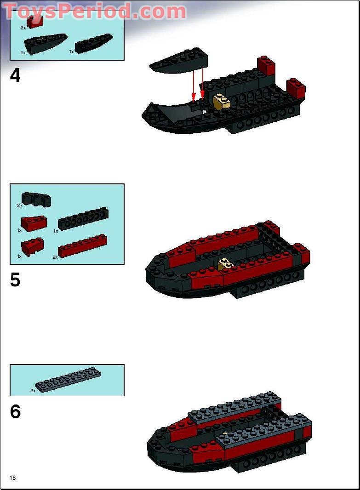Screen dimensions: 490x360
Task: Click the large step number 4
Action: pyautogui.click(x=15, y=75)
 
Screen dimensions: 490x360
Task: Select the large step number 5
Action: pyautogui.click(x=15, y=280)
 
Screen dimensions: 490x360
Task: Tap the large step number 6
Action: pyautogui.click(x=15, y=411)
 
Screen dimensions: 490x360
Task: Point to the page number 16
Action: pyautogui.click(x=12, y=478)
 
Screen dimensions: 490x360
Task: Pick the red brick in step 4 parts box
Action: pyautogui.click(x=35, y=21)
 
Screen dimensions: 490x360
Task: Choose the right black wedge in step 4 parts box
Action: pyautogui.click(x=94, y=44)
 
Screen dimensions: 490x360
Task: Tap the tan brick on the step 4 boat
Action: pyautogui.click(x=222, y=102)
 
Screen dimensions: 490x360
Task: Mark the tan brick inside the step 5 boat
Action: pyautogui.click(x=225, y=264)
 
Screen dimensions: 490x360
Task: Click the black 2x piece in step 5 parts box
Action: pyautogui.click(x=36, y=199)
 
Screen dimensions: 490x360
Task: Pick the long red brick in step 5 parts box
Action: pyautogui.click(x=83, y=245)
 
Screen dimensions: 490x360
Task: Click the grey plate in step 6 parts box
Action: pyautogui.click(x=69, y=380)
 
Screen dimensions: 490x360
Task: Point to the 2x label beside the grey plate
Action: pyautogui.click(x=33, y=390)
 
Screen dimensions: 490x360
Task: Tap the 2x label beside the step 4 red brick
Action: pyautogui.click(x=23, y=28)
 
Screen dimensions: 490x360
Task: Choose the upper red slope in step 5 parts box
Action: pyautogui.click(x=34, y=223)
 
